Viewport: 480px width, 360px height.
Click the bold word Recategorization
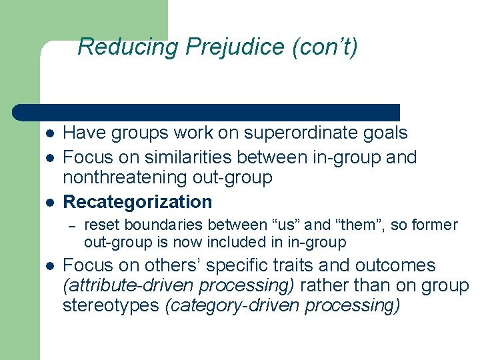(x=137, y=201)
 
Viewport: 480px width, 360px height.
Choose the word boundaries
(x=156, y=225)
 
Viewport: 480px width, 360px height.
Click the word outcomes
(x=395, y=265)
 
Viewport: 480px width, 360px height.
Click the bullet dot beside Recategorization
(x=50, y=202)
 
